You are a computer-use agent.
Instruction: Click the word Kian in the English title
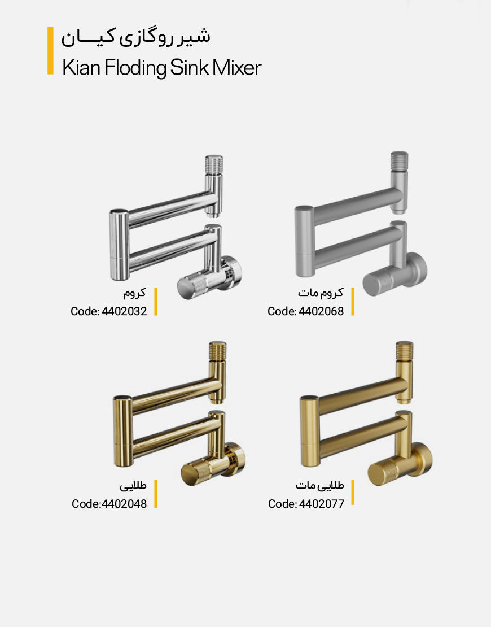pyautogui.click(x=81, y=67)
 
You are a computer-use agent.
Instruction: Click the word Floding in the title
pyautogui.click(x=135, y=68)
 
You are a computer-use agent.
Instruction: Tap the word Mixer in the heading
pyautogui.click(x=237, y=67)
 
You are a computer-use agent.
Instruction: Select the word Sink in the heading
pyautogui.click(x=189, y=67)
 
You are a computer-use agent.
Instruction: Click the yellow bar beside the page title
pyautogui.click(x=50, y=50)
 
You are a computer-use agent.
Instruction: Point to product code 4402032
pyautogui.click(x=124, y=311)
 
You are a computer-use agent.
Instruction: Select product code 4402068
pyautogui.click(x=321, y=311)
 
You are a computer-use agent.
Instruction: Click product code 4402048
pyautogui.click(x=124, y=504)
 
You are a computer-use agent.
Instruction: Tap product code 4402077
pyautogui.click(x=321, y=504)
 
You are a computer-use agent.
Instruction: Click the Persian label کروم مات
pyautogui.click(x=321, y=293)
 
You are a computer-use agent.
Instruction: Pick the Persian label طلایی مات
pyautogui.click(x=319, y=485)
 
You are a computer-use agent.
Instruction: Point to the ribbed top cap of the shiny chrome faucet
pyautogui.click(x=214, y=164)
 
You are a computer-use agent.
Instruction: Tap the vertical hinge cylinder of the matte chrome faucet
pyautogui.click(x=304, y=241)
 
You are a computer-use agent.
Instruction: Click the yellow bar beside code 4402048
pyautogui.click(x=156, y=494)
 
